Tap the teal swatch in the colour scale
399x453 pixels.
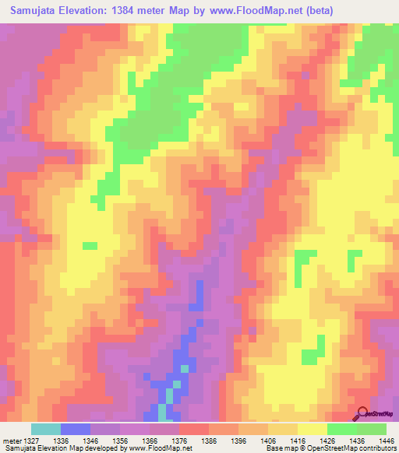[x=46, y=429]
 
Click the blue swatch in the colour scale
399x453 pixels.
[x=76, y=429]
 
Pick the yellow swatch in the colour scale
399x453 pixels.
[x=312, y=429]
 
